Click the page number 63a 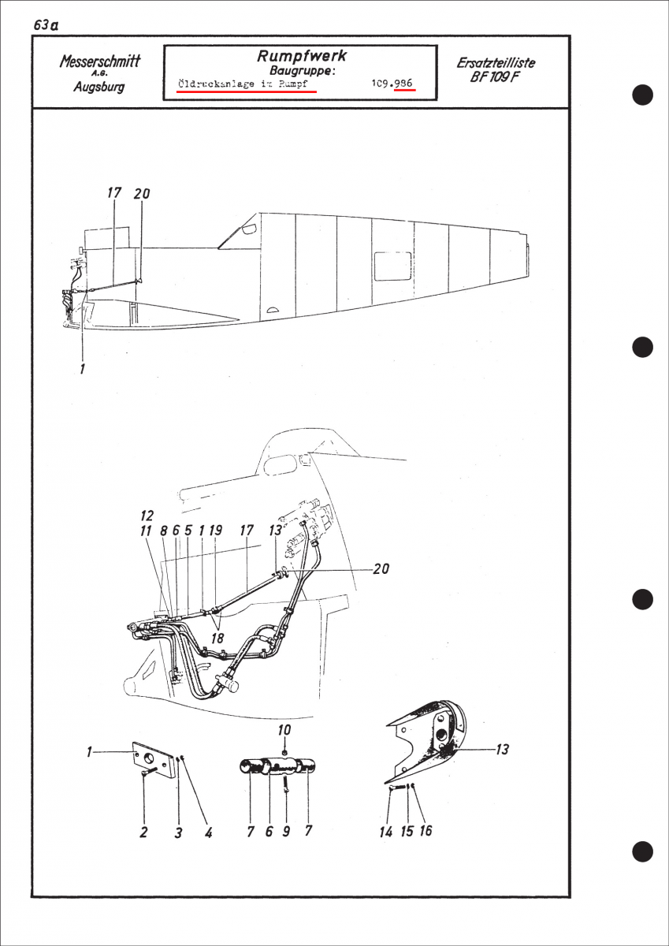pyautogui.click(x=46, y=25)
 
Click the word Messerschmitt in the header pyautogui.click(x=99, y=61)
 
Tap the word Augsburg pyautogui.click(x=99, y=87)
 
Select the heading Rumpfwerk pyautogui.click(x=302, y=56)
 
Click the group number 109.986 pyautogui.click(x=392, y=84)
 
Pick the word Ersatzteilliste pyautogui.click(x=496, y=63)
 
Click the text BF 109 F pyautogui.click(x=495, y=78)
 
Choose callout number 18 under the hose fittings pyautogui.click(x=217, y=638)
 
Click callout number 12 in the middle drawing pyautogui.click(x=147, y=516)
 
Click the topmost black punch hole pyautogui.click(x=642, y=95)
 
